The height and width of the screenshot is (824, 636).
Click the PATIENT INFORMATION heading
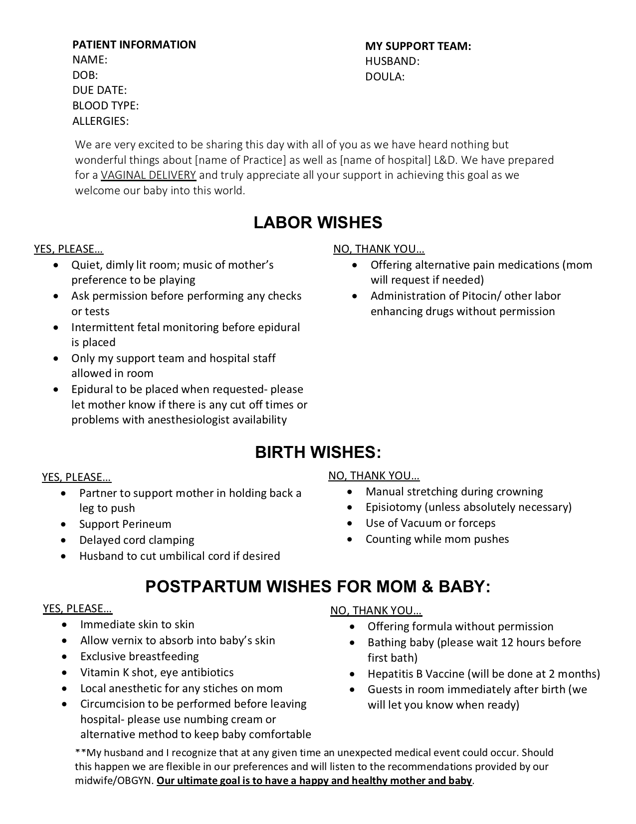[x=134, y=44]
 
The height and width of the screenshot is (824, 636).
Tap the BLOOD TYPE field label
[x=105, y=105]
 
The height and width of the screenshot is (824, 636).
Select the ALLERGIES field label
[x=100, y=121]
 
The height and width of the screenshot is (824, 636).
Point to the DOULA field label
[x=385, y=76]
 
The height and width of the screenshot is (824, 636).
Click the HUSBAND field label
[x=392, y=61]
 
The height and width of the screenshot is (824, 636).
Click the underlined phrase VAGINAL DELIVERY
[x=149, y=175]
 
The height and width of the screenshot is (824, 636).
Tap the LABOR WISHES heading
[x=318, y=222]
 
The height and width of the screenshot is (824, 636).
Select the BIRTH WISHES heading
[x=318, y=452]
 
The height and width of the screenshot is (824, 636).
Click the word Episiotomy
[x=394, y=507]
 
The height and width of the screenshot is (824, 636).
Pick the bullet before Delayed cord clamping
[x=63, y=540]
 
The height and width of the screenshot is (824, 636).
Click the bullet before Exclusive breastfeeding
[x=64, y=656]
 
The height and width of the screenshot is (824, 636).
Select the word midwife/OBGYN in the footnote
[x=114, y=781]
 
